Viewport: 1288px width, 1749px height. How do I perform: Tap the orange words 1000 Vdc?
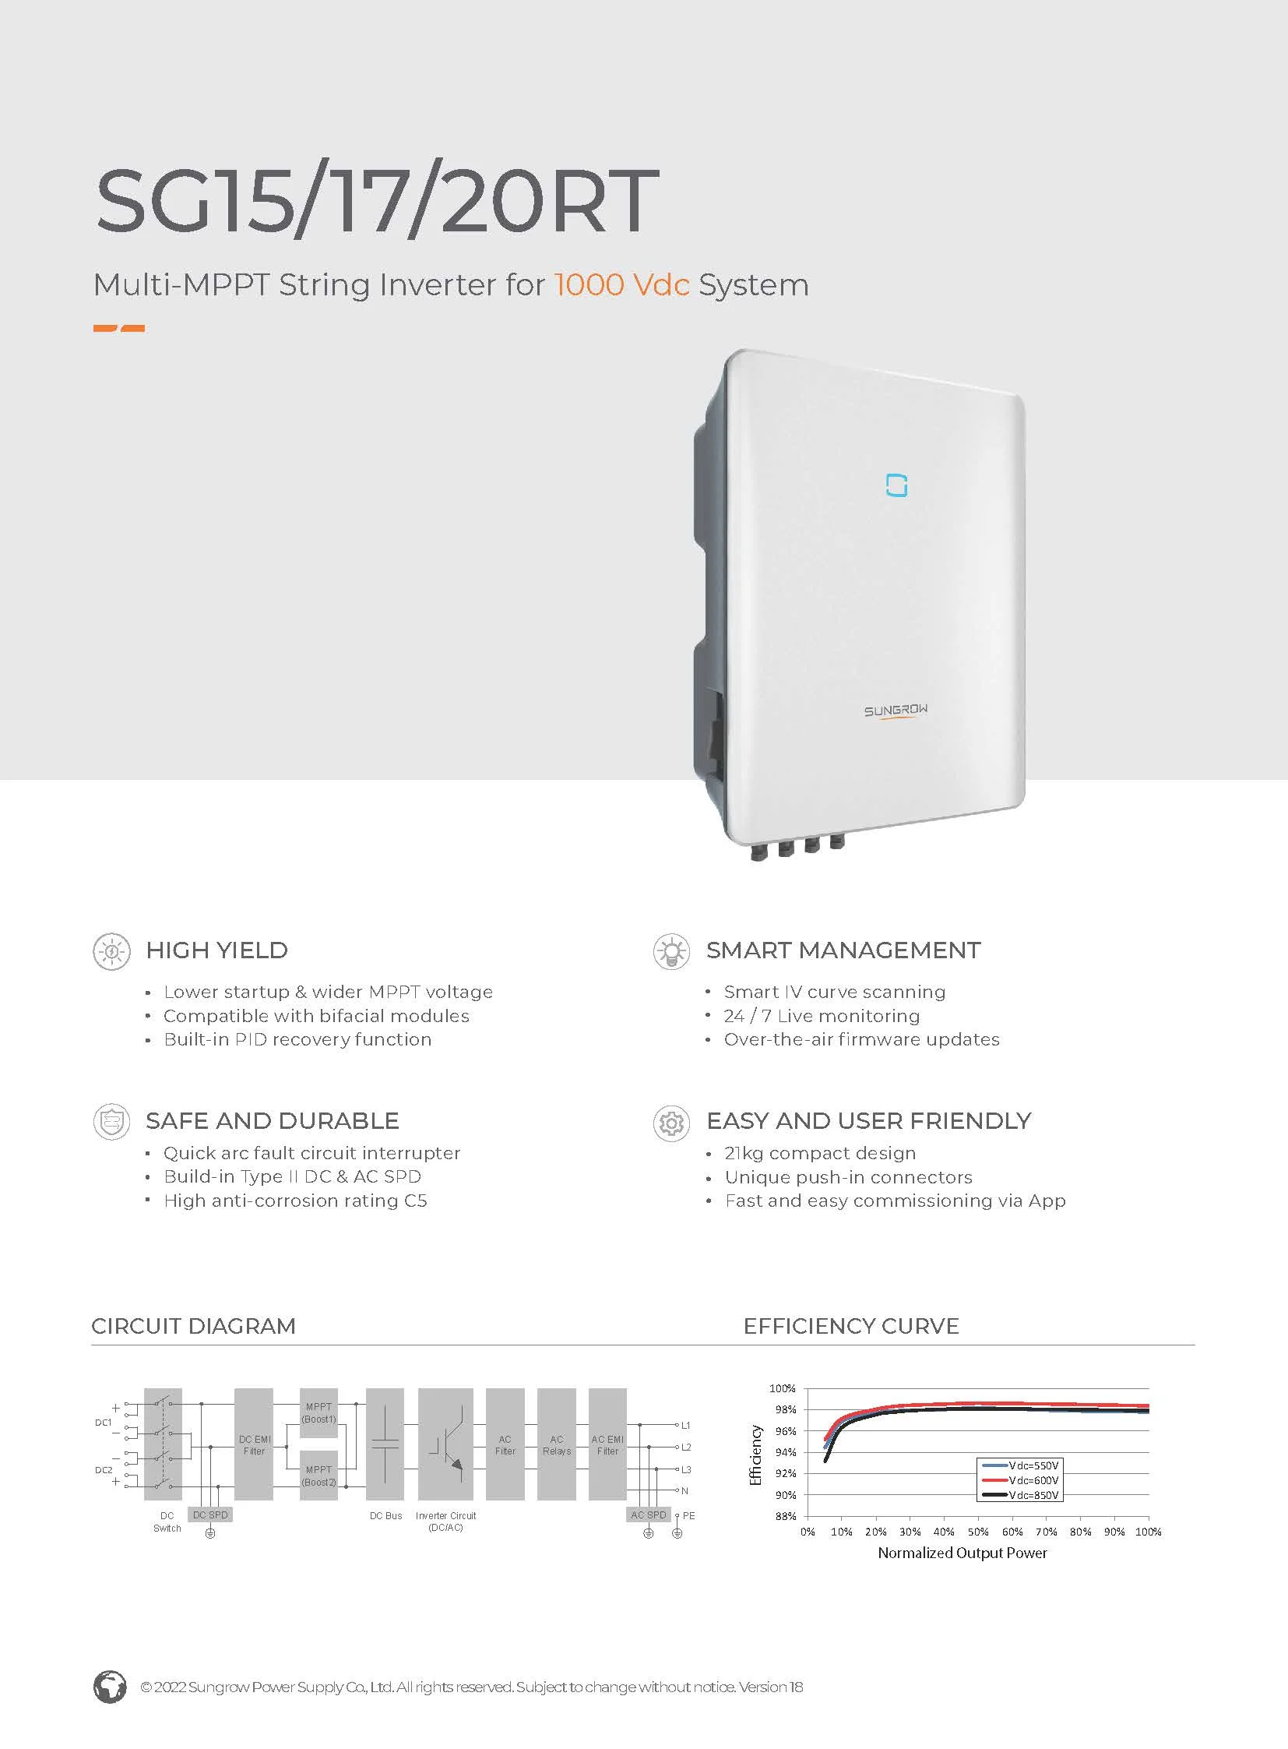click(621, 284)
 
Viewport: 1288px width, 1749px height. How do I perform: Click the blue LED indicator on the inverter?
click(896, 485)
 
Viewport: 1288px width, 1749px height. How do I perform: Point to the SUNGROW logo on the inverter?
click(895, 711)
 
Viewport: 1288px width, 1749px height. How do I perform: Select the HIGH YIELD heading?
click(216, 950)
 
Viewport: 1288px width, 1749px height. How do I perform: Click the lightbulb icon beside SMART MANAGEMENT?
click(670, 951)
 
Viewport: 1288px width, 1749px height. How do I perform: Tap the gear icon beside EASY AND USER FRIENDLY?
click(670, 1123)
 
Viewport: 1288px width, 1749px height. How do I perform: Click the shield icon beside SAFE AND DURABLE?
click(111, 1122)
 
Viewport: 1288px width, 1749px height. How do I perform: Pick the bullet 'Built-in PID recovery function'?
click(297, 1039)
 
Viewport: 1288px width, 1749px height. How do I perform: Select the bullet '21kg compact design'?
click(819, 1153)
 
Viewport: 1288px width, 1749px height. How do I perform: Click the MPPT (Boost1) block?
click(318, 1412)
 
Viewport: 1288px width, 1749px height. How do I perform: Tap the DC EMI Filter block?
click(253, 1444)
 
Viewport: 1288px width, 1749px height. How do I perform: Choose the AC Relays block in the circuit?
click(556, 1444)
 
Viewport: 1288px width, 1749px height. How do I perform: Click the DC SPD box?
click(210, 1515)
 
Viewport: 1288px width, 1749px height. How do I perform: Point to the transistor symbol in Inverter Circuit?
click(446, 1444)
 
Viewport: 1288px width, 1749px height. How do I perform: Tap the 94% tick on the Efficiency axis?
click(783, 1451)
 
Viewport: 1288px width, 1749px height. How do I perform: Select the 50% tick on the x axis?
click(978, 1532)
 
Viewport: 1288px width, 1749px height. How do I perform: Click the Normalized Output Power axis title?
click(962, 1553)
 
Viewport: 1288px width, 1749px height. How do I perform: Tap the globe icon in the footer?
click(110, 1687)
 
